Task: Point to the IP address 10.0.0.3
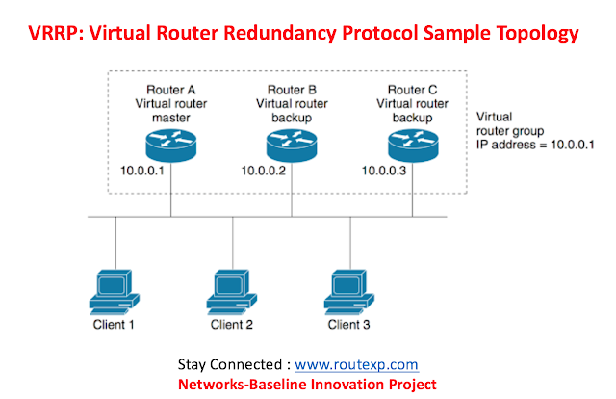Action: coord(385,172)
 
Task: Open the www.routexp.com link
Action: coord(356,365)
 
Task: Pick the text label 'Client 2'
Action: coord(231,324)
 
